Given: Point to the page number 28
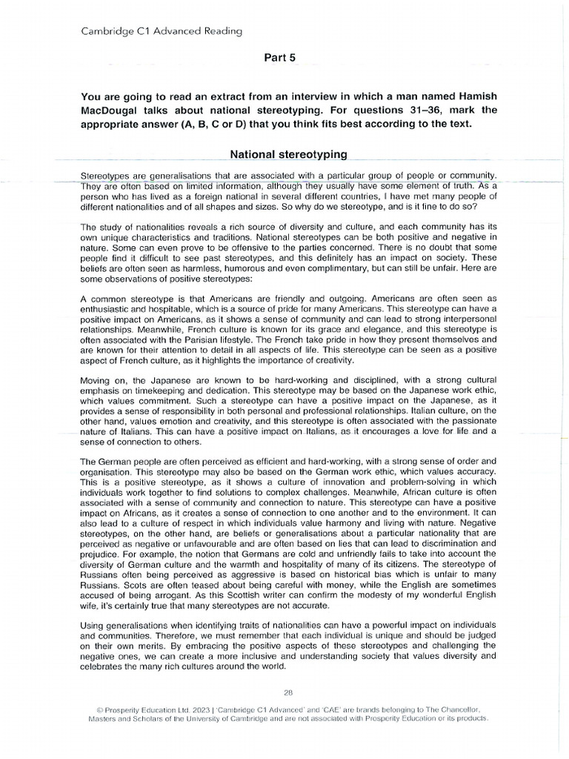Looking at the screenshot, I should pos(288,693).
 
